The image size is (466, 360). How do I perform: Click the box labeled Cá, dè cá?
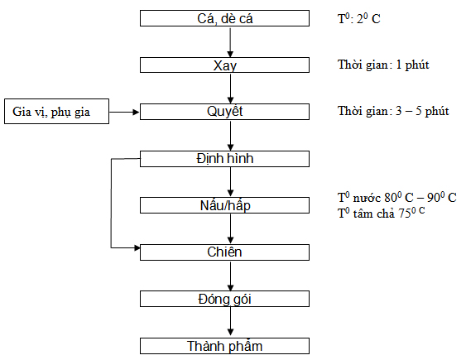224,18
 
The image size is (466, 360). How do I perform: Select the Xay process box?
224,65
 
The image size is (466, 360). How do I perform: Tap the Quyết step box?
224,112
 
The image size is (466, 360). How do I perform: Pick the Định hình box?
224,159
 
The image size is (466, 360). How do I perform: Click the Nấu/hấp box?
224,205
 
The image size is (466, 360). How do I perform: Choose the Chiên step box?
224,252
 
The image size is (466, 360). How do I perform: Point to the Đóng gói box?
224,299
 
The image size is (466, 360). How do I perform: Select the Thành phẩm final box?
224,346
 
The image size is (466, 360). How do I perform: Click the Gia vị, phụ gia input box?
57,112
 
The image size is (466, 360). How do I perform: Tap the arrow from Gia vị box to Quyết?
124,112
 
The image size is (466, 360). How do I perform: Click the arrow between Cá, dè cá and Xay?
230,42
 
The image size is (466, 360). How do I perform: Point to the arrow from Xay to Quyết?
230,89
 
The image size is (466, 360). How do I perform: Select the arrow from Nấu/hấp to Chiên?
230,228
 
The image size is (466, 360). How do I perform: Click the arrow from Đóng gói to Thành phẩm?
230,322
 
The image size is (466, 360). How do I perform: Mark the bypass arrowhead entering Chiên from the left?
137,247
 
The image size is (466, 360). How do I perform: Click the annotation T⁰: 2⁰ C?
359,18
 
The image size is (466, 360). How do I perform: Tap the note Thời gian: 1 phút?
383,65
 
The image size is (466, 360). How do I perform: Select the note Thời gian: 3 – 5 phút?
393,111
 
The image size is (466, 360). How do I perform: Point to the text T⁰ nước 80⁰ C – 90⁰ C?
397,197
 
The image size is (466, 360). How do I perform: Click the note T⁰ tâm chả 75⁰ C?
382,213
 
